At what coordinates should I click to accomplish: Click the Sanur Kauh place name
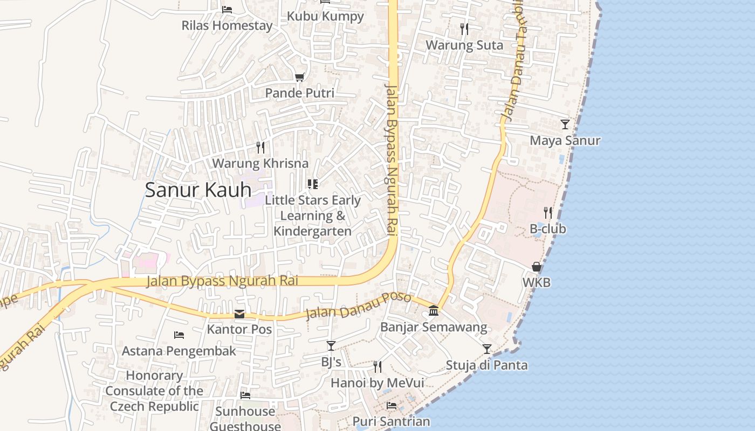198,190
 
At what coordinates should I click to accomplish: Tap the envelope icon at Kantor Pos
239,314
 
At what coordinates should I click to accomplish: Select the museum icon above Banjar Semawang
434,311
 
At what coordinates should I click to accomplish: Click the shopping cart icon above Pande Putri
299,78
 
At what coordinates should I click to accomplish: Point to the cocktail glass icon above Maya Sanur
565,124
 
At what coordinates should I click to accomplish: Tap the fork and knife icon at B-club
548,213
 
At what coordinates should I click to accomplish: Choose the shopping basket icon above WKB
537,267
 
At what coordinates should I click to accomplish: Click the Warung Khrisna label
260,163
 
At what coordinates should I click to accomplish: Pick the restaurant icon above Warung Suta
464,29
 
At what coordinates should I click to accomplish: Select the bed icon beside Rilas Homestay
227,10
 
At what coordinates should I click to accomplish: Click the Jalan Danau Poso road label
358,305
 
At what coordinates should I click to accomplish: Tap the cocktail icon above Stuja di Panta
486,349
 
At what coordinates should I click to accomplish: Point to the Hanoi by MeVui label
377,383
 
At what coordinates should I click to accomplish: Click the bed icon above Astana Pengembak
179,335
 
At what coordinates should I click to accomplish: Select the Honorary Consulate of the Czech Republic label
154,391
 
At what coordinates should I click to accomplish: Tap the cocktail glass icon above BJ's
331,346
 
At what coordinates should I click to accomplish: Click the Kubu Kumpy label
325,16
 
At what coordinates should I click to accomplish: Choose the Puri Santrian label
391,421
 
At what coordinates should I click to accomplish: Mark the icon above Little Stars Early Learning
313,184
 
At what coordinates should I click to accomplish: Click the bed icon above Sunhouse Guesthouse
245,395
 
